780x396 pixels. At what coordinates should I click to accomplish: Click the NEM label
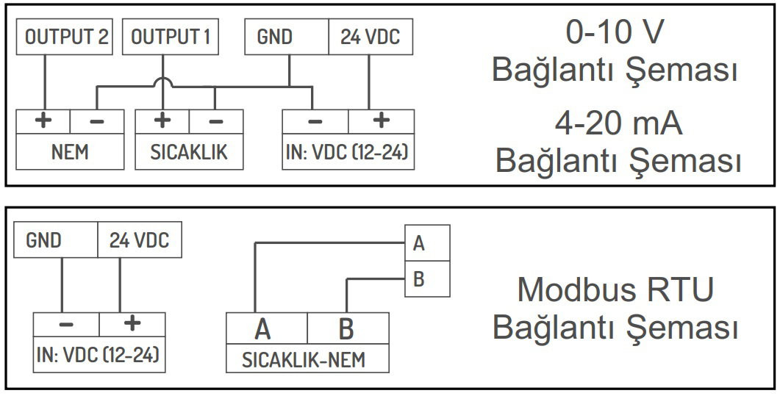point(70,152)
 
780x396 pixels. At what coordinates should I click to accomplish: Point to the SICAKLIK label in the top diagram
point(189,152)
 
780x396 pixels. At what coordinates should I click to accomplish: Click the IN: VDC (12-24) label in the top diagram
point(348,152)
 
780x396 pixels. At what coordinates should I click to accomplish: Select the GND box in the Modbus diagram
point(57,240)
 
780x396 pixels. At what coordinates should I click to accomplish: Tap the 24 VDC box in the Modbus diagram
point(139,240)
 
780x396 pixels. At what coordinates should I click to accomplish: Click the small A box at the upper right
point(427,242)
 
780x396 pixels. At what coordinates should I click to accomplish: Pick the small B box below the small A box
point(427,279)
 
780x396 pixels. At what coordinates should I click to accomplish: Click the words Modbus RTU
point(615,289)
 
